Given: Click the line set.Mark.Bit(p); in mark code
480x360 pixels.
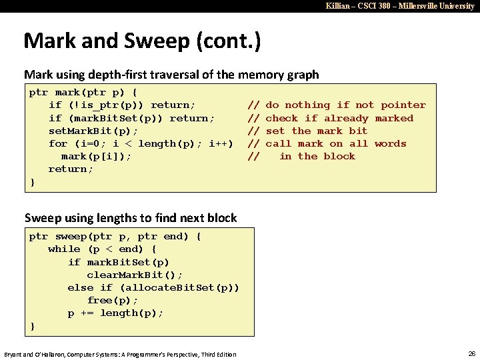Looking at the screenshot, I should coord(93,131).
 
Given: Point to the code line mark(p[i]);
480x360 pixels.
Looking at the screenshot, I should coord(96,156).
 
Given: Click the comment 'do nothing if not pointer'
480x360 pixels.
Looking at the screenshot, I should coord(345,105).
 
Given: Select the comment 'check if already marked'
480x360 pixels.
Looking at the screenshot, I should coord(339,118).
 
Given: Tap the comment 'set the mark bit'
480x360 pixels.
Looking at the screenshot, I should coord(317,131).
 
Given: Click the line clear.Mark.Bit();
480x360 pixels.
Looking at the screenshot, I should coord(134,274).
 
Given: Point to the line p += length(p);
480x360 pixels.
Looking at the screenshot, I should coord(115,313).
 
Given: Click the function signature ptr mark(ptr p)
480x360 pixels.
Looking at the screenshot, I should coord(83,93).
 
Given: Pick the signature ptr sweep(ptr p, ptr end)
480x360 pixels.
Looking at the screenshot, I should coord(115,236).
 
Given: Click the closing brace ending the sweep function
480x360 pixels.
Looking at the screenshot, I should coord(32,325).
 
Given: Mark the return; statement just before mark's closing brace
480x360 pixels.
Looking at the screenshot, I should coord(71,169).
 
